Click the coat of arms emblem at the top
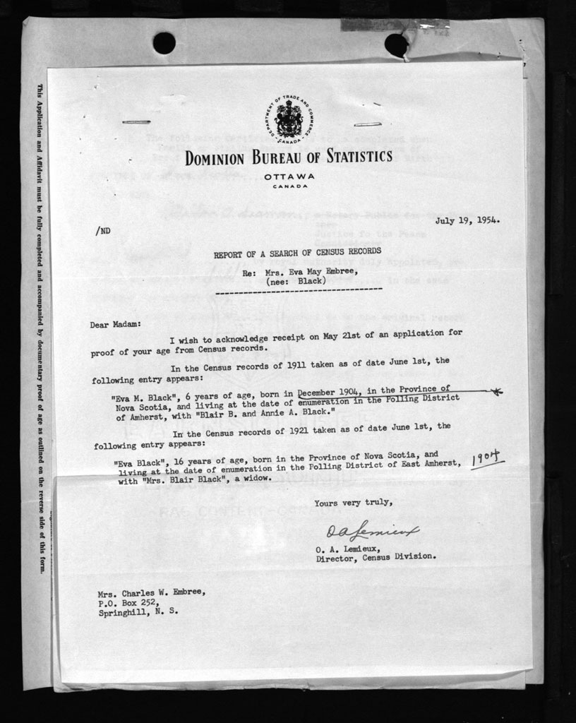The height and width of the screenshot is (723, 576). [288, 118]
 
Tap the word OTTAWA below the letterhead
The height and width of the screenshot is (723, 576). [289, 177]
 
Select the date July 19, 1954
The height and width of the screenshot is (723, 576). [467, 220]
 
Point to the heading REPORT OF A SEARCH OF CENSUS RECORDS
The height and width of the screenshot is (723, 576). [297, 251]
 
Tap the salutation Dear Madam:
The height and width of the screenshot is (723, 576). [115, 324]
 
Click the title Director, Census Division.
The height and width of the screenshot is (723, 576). [376, 556]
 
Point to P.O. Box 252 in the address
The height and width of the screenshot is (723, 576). [126, 603]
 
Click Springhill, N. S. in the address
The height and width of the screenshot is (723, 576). [138, 612]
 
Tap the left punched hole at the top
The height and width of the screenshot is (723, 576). [164, 43]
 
